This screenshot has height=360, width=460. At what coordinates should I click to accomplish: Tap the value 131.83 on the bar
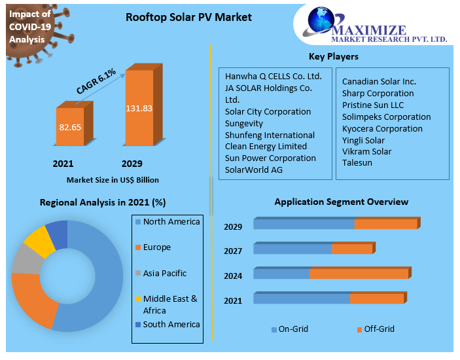139,108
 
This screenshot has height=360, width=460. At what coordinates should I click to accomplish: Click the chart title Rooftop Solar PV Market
188,18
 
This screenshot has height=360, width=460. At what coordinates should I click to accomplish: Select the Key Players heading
333,57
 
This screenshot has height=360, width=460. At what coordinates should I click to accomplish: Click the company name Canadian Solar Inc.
379,81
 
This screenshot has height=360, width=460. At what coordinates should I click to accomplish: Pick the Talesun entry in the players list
357,164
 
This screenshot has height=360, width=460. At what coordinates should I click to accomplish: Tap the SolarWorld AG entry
253,170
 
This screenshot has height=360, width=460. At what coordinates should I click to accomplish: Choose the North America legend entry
171,221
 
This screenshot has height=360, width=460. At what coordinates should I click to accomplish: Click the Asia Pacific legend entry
165,273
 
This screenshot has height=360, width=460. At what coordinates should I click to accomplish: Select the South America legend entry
171,324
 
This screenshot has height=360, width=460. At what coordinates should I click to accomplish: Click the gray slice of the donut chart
26,259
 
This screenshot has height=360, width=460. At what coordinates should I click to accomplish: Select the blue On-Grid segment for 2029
304,224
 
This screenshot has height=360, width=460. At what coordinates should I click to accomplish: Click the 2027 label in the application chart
233,251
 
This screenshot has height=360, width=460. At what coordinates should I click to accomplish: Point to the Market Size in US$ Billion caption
113,179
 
